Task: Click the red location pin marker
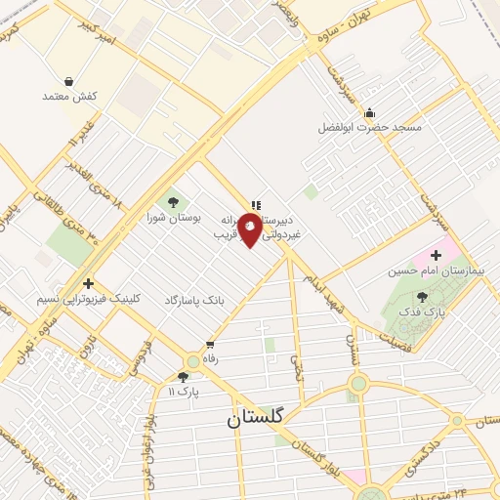pyautogui.click(x=251, y=229)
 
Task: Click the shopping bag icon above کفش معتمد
pyautogui.click(x=68, y=82)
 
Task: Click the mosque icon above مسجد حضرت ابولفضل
pyautogui.click(x=369, y=113)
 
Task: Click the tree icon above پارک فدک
pyautogui.click(x=422, y=296)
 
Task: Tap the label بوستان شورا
pyautogui.click(x=174, y=217)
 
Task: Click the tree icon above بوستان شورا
pyautogui.click(x=174, y=202)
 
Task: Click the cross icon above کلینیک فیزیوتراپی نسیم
pyautogui.click(x=88, y=283)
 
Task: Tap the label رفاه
pyautogui.click(x=210, y=359)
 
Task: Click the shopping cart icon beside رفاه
pyautogui.click(x=210, y=345)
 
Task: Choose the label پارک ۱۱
pyautogui.click(x=183, y=392)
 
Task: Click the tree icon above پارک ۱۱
pyautogui.click(x=183, y=377)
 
